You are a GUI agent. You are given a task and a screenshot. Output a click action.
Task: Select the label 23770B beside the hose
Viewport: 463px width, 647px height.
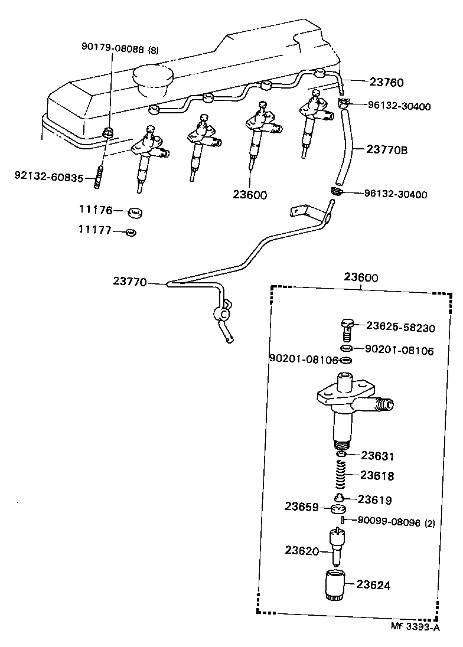(x=387, y=150)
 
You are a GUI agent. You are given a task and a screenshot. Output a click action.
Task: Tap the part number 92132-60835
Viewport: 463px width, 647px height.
(x=50, y=175)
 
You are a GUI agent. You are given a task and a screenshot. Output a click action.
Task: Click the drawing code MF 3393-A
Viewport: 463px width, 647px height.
(x=415, y=628)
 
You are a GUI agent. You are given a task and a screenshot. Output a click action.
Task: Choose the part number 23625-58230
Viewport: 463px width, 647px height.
(x=400, y=326)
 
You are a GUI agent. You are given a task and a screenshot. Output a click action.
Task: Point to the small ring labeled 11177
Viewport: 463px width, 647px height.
(x=131, y=232)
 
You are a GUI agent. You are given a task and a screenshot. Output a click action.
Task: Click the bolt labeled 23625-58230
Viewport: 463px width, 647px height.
(x=348, y=326)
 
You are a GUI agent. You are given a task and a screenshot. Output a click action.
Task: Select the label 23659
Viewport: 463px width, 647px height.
(x=301, y=507)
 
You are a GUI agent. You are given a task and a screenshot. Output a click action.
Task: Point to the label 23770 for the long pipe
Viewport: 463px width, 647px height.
(x=129, y=282)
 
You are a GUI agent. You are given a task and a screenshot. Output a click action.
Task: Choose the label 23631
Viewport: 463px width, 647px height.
(x=377, y=456)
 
